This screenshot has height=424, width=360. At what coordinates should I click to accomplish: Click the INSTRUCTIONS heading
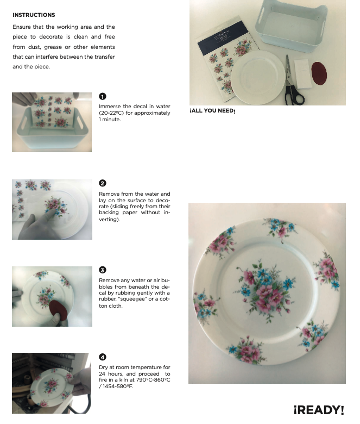(34, 15)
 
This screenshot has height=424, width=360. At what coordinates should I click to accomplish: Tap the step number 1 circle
(103, 96)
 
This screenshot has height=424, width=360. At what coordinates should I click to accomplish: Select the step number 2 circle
(103, 183)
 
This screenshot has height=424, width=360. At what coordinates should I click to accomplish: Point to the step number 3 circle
(103, 270)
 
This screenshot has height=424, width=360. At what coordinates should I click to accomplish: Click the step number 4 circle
(103, 357)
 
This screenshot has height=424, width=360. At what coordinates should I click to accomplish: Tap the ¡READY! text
(319, 410)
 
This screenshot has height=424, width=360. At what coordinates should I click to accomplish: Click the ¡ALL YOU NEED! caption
(212, 111)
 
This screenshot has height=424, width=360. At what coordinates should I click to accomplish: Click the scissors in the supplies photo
(293, 80)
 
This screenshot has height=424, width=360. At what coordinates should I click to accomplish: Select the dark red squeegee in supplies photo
(319, 73)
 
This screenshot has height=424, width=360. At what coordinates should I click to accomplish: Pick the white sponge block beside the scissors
(302, 73)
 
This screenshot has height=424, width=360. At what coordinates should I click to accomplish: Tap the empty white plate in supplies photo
(258, 77)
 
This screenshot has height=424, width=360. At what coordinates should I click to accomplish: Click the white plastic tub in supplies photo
(292, 26)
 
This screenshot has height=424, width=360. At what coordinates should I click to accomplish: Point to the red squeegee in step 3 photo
(58, 309)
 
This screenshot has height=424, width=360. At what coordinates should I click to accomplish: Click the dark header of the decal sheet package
(223, 37)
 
